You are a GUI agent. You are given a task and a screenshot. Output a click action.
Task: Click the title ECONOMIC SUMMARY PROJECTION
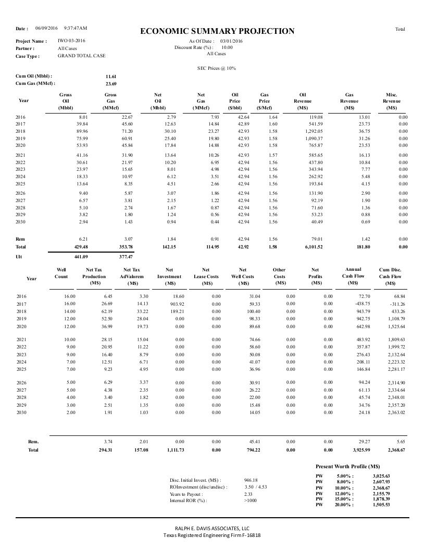(x=217, y=31)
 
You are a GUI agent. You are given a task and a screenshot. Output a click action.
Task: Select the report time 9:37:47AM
(x=76, y=28)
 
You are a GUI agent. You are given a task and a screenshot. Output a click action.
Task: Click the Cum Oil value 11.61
(x=111, y=76)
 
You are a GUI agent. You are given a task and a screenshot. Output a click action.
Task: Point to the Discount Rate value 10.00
(x=227, y=47)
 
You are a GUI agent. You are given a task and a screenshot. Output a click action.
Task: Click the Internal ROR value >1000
(x=250, y=501)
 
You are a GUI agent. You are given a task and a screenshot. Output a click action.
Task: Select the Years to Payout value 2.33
(x=248, y=494)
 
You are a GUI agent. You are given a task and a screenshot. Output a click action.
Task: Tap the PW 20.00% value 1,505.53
(x=381, y=504)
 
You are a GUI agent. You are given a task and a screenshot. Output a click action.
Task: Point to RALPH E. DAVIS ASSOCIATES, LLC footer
(x=212, y=528)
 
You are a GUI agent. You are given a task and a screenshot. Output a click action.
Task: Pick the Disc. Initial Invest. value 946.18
(x=251, y=480)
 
